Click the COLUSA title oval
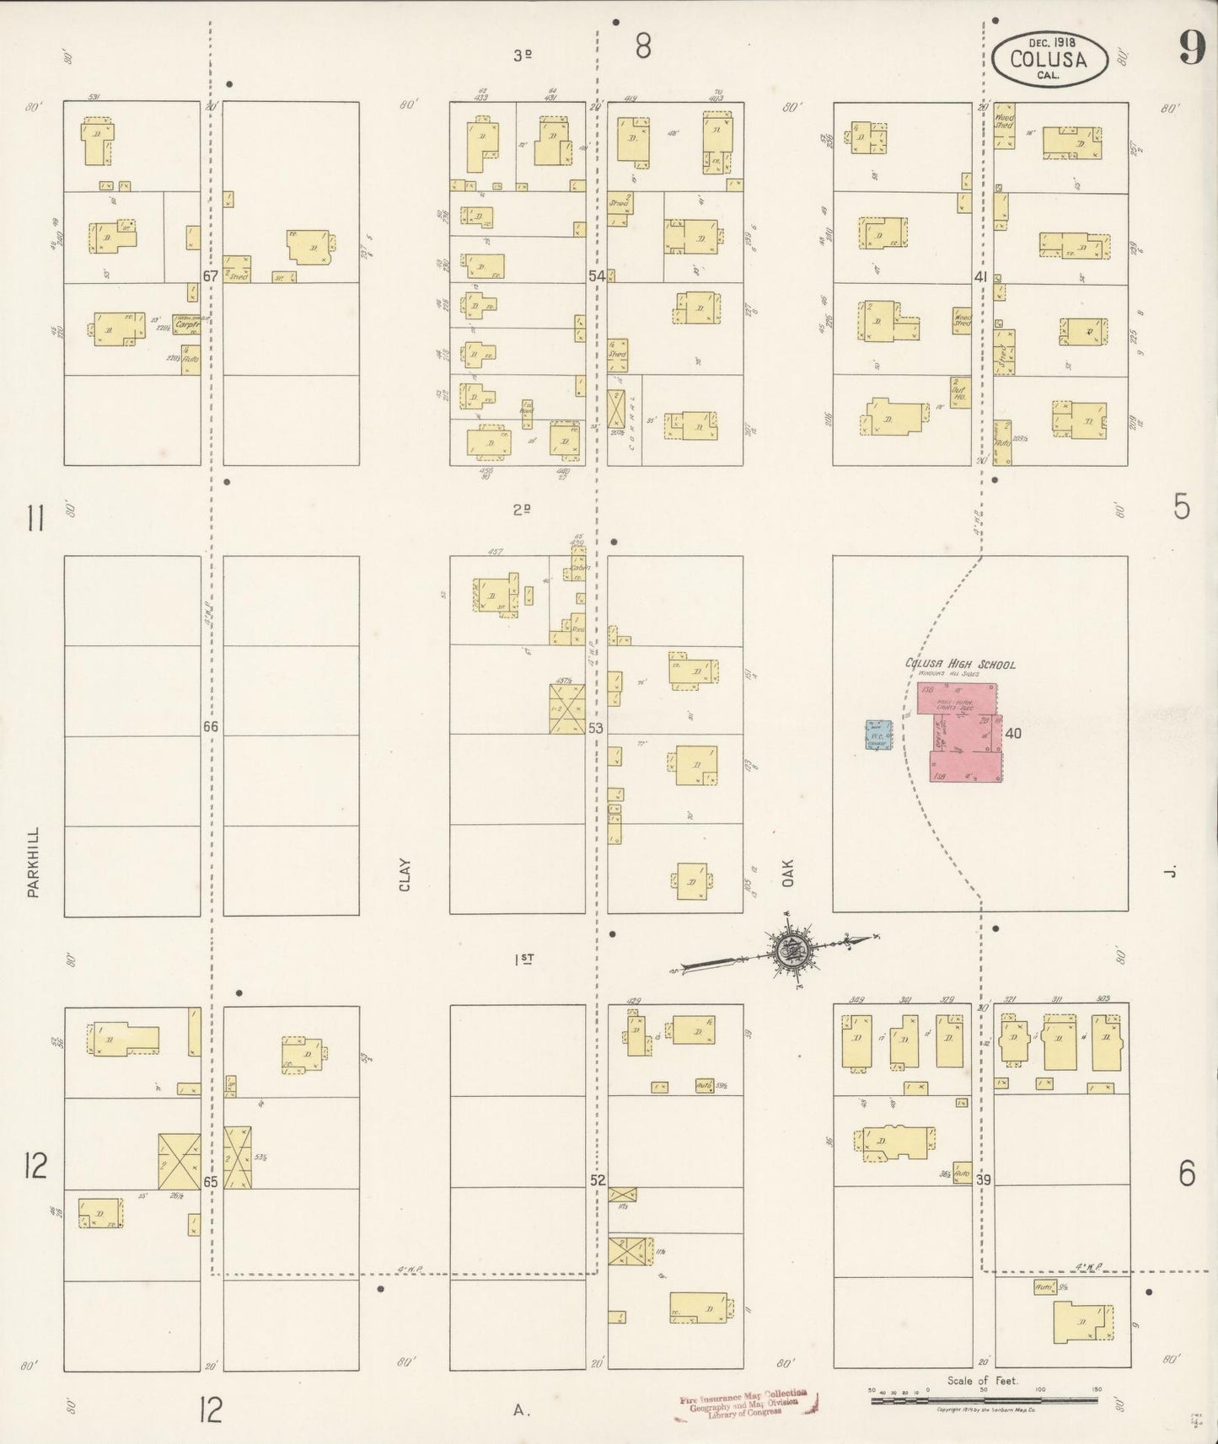click(x=1048, y=58)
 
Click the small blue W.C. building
click(x=878, y=735)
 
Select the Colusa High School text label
click(x=960, y=664)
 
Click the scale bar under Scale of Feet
click(x=984, y=1399)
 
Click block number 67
click(x=211, y=275)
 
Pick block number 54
click(x=597, y=275)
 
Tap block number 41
click(x=980, y=276)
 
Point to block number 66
click(x=211, y=726)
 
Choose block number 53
click(x=597, y=728)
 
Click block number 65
click(x=211, y=1182)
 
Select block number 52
click(x=598, y=1180)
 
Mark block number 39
click(x=982, y=1180)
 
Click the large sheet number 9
click(x=1190, y=48)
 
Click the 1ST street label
click(x=523, y=959)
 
